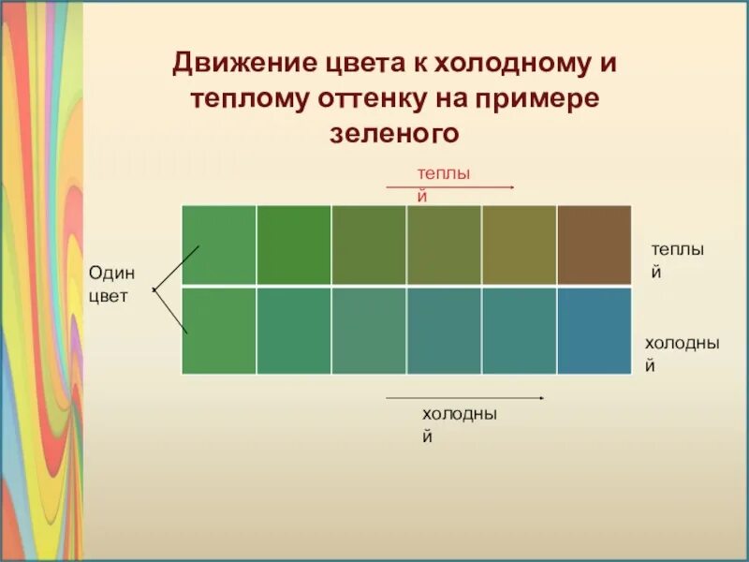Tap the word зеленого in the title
tap(394, 134)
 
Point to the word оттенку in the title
tap(378, 99)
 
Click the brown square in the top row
tap(594, 244)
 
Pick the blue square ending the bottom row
tap(594, 331)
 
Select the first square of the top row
tap(218, 244)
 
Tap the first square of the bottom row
tap(218, 331)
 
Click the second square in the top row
tap(293, 244)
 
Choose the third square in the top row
tap(368, 244)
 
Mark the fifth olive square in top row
tap(519, 244)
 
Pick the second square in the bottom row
tap(293, 331)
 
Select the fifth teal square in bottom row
tap(519, 331)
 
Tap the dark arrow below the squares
tap(466, 398)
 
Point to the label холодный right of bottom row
tap(682, 354)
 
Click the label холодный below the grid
tap(459, 424)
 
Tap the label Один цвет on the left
tap(111, 283)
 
